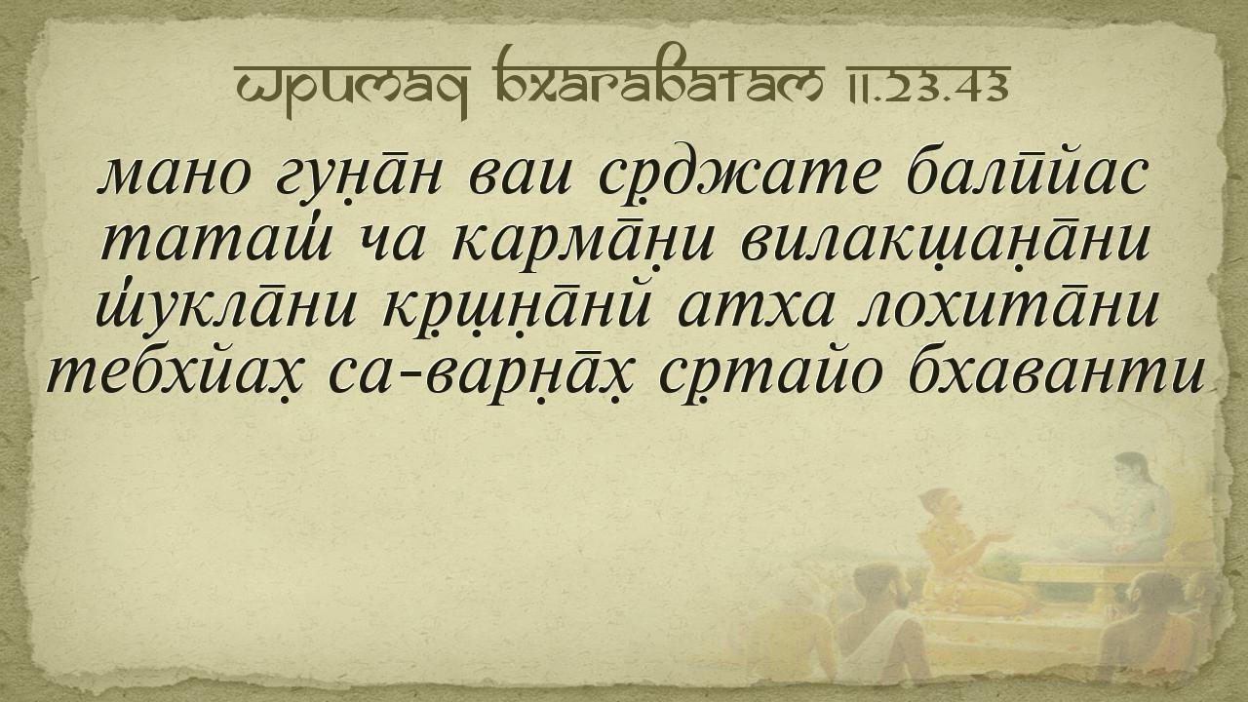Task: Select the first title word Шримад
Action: click(x=352, y=90)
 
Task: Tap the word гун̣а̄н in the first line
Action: click(x=360, y=177)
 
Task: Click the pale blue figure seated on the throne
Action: click(x=1131, y=514)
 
